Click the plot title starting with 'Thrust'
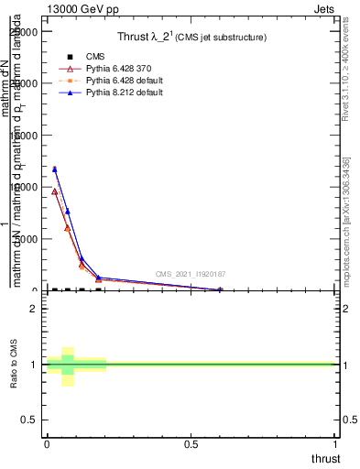(x=191, y=38)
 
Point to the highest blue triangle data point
(x=55, y=169)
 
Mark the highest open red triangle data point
(x=55, y=191)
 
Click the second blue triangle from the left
(x=68, y=212)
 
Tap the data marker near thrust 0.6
(x=220, y=289)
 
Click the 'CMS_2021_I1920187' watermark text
(x=190, y=274)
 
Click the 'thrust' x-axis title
(x=324, y=458)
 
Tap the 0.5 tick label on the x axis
(x=191, y=443)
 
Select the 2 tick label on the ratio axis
(x=33, y=309)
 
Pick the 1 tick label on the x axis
(x=335, y=443)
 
